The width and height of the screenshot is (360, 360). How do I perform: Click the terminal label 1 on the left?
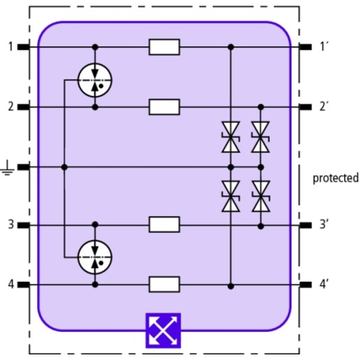(10, 47)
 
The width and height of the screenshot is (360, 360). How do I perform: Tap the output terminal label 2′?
(324, 107)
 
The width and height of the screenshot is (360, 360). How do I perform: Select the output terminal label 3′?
(324, 224)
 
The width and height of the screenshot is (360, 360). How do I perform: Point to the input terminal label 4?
(11, 285)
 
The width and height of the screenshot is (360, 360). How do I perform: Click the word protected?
(336, 178)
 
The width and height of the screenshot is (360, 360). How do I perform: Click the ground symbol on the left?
(8, 168)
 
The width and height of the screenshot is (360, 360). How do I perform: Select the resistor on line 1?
(164, 47)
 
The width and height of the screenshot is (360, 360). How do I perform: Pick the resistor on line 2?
(164, 107)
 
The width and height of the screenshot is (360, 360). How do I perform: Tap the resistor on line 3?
(164, 224)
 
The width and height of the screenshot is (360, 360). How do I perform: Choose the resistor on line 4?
(164, 285)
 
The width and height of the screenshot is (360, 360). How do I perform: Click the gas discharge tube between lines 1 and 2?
(95, 80)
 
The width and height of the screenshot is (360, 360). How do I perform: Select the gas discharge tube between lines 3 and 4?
(95, 257)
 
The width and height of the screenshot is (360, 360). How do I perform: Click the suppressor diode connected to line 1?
(231, 137)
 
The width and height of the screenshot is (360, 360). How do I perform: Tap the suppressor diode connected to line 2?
(261, 137)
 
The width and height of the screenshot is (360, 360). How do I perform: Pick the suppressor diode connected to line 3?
(261, 196)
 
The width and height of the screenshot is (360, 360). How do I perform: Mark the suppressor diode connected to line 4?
(231, 196)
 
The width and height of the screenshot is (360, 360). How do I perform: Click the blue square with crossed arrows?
(163, 331)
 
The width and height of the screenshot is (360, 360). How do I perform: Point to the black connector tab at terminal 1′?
(305, 47)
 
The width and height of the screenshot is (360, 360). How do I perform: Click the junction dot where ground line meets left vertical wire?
(64, 167)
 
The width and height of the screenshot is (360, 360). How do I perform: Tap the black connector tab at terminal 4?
(24, 285)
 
